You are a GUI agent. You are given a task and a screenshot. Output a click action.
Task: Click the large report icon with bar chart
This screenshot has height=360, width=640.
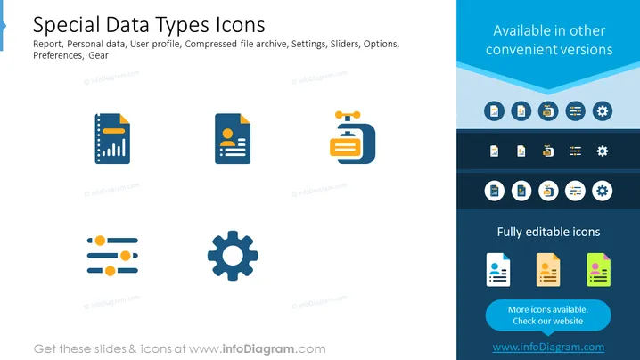point(112,139)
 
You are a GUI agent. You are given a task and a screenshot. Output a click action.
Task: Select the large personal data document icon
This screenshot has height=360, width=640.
point(233,139)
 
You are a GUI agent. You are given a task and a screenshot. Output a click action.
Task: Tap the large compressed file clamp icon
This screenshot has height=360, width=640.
point(353,137)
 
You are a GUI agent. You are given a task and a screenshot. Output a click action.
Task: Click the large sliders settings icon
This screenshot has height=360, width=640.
point(112,256)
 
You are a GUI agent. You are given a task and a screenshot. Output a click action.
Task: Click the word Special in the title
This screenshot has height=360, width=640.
point(66,25)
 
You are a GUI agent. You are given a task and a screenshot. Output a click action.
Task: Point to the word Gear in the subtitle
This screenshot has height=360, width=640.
point(98,55)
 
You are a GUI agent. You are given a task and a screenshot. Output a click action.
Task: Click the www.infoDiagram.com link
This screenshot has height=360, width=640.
point(548,347)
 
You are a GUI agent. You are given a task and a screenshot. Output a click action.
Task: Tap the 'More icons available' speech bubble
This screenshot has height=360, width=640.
point(548,315)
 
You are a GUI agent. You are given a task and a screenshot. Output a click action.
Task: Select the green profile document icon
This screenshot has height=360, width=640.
point(598,270)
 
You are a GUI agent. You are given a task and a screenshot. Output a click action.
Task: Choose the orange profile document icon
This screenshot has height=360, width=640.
point(548,270)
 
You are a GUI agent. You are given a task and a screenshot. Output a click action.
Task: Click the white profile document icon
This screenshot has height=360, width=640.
point(498,270)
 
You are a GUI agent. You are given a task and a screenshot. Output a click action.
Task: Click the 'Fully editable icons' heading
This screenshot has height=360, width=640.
point(548,232)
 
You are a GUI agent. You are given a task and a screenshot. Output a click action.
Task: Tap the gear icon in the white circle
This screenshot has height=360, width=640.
point(603,191)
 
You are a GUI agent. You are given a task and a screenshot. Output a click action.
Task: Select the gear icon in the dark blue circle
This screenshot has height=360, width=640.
point(603,111)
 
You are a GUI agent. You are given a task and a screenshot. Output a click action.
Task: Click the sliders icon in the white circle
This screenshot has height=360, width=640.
point(575,191)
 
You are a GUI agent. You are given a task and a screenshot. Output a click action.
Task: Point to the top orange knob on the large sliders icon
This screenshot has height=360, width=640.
point(100,241)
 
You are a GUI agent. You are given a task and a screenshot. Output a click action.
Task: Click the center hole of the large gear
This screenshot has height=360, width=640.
point(233,256)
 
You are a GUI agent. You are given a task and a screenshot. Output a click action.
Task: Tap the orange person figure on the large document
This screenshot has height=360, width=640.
point(228,137)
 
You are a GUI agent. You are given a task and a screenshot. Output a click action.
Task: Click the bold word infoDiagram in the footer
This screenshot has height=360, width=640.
point(258,349)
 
